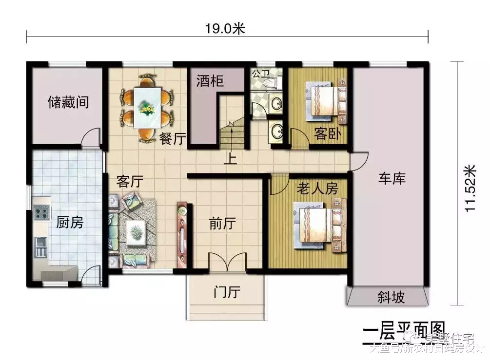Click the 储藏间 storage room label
point(68,103)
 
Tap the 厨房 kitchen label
point(70,223)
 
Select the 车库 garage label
point(392,178)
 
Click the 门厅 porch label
point(227,292)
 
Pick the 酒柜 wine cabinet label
point(210,81)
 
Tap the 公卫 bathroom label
point(260,74)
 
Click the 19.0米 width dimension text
point(224,29)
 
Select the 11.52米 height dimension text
point(470,188)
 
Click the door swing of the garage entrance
point(360,161)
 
